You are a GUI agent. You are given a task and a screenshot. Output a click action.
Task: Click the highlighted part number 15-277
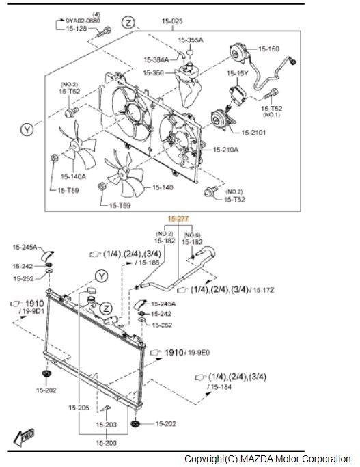pos(178,219)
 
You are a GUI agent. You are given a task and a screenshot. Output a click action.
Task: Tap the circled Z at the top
pos(128,23)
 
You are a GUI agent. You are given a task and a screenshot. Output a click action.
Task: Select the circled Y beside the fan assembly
pos(27,130)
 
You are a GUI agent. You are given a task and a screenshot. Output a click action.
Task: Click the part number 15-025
pos(172,21)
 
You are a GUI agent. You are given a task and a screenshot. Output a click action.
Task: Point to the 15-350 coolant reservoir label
pos(154,72)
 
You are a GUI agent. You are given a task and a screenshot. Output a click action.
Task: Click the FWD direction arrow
pos(23,437)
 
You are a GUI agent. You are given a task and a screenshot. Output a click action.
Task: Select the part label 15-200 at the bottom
pos(106,443)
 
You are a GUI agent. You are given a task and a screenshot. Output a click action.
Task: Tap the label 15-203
pos(106,425)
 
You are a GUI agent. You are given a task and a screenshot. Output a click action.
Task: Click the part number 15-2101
pos(253,133)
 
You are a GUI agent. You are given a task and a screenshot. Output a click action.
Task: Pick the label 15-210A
pos(225,150)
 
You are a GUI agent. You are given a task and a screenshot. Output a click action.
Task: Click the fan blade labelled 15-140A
pos(78,146)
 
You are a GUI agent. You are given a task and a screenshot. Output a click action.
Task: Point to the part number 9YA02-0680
pos(83,21)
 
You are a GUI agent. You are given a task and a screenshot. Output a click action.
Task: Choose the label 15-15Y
pos(238,73)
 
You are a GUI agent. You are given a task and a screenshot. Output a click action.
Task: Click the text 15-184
pos(221,387)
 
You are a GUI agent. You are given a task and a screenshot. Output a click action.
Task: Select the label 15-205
pos(79,408)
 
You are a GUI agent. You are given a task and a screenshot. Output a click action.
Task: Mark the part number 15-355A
pos(191,40)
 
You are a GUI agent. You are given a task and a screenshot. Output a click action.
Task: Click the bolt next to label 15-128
pos(103,31)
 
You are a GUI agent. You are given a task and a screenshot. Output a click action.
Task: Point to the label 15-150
pos(268,49)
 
